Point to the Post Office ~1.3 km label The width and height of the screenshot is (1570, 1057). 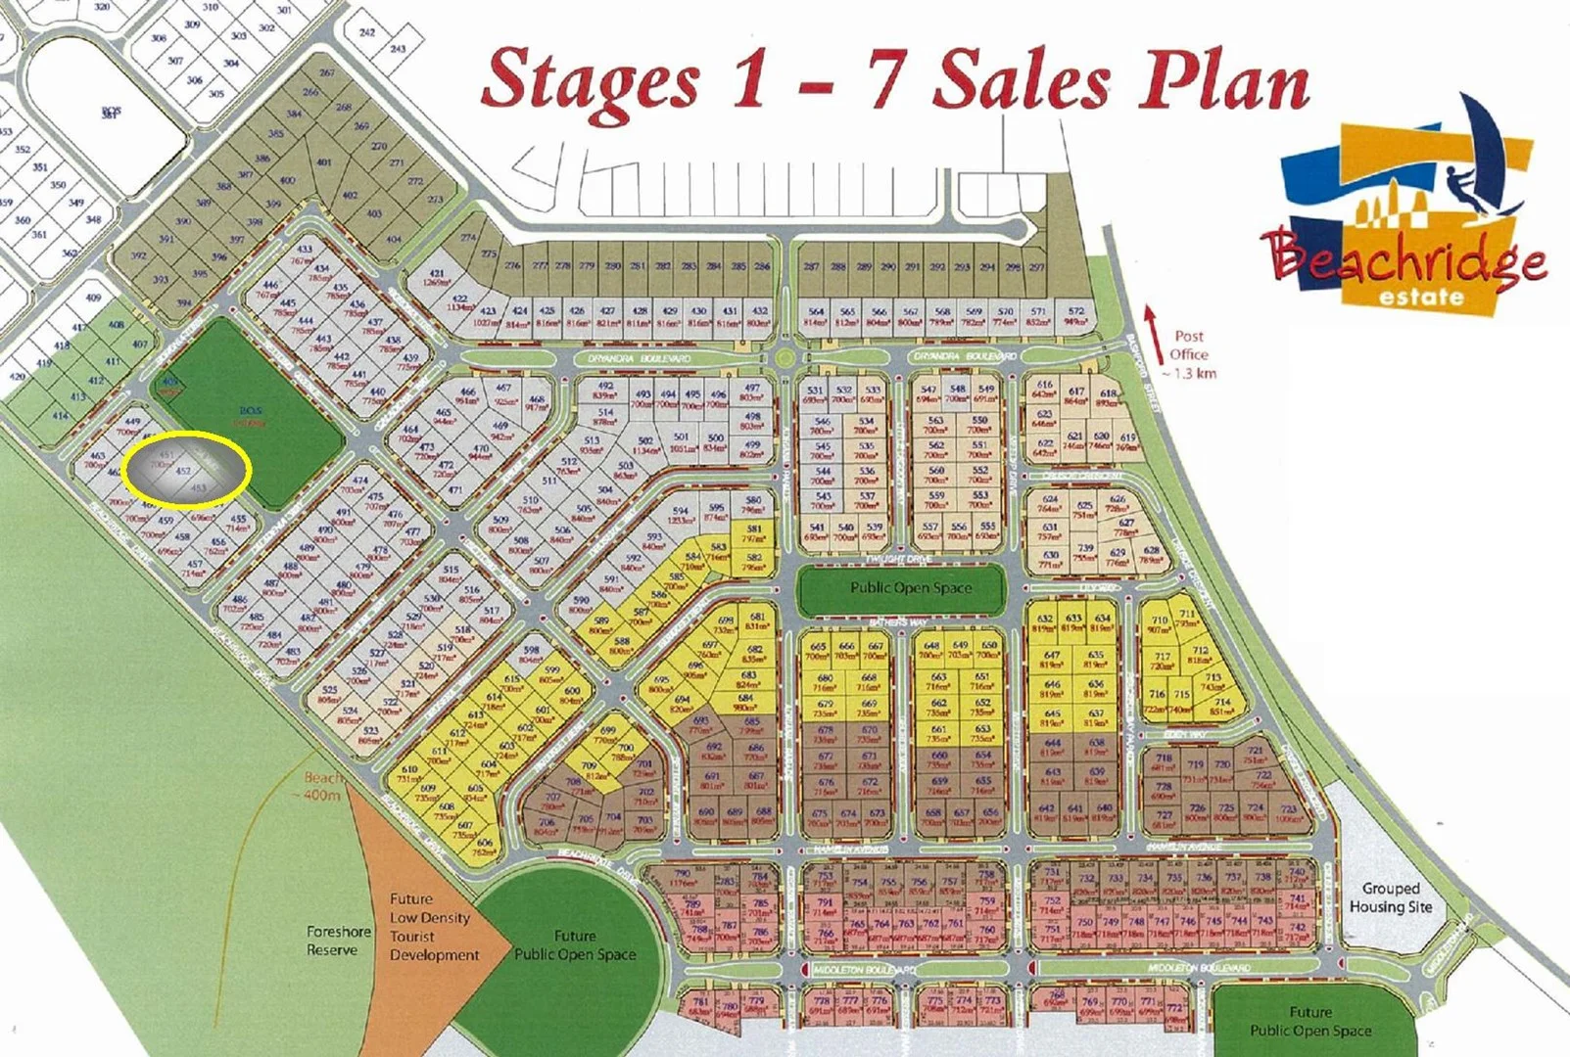tap(1189, 354)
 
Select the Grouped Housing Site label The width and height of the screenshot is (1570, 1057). tap(1390, 897)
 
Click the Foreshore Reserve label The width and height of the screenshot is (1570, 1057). tap(338, 941)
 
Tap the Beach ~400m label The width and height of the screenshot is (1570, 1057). tap(322, 786)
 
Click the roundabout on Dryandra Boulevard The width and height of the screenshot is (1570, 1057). tap(784, 359)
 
